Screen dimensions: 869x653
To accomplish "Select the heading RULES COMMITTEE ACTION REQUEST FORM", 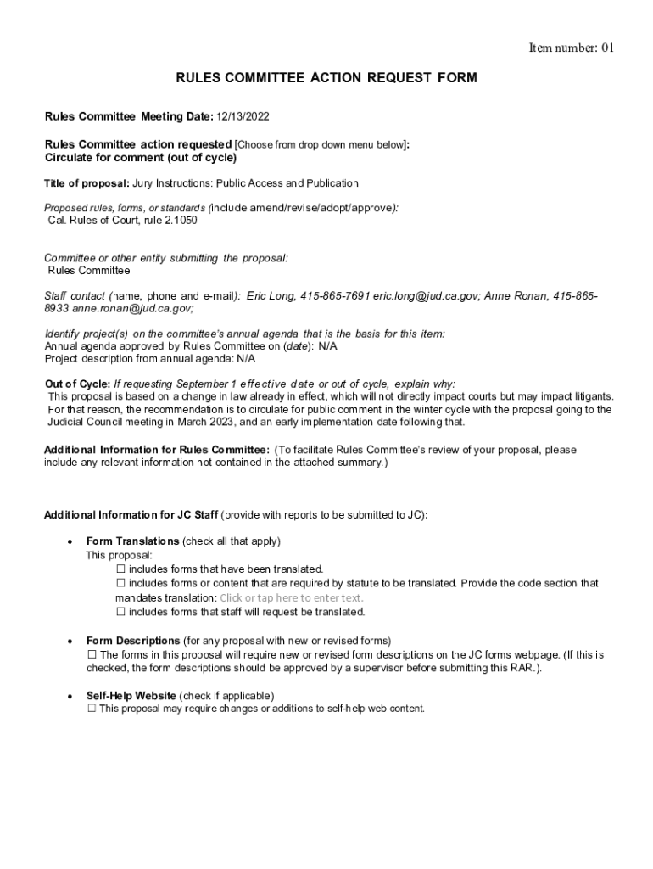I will pos(326,78).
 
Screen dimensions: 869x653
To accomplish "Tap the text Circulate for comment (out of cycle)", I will pos(141,158).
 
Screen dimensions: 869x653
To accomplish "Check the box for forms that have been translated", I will pos(120,569).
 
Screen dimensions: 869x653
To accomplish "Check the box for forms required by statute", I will pos(120,584).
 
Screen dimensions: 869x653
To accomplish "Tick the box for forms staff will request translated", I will pos(120,612).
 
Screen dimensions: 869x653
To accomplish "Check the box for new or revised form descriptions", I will pos(92,655).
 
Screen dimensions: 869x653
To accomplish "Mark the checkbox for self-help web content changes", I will pos(92,709).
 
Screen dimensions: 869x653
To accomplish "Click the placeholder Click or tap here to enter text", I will pos(291,597).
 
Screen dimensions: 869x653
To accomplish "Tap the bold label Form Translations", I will pos(132,541).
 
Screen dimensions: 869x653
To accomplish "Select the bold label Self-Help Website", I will pos(131,696).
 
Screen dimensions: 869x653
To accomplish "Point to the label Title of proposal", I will pos(87,183).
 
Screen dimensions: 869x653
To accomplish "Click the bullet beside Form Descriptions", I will pos(68,641).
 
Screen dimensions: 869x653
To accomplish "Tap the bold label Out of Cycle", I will pos(76,384).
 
